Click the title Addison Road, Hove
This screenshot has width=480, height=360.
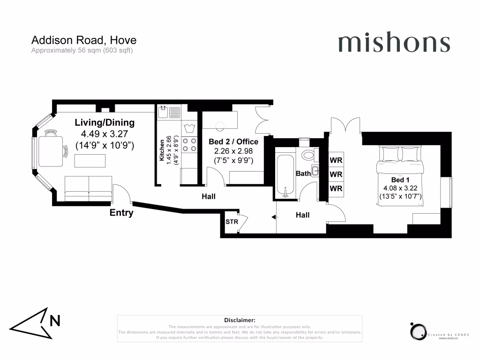click(x=84, y=40)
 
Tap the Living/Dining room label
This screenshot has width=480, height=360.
click(x=105, y=122)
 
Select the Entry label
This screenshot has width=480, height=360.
click(x=121, y=213)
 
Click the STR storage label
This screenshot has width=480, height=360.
click(x=232, y=222)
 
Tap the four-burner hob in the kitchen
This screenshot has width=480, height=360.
click(x=189, y=145)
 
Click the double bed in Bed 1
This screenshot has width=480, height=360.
click(x=400, y=176)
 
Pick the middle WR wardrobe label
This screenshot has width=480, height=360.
click(x=336, y=174)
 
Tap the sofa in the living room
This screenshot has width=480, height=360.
click(x=88, y=188)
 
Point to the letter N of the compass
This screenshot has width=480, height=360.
click(x=55, y=321)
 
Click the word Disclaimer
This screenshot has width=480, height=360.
click(x=240, y=320)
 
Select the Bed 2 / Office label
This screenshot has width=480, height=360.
click(x=233, y=142)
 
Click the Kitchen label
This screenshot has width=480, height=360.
click(x=162, y=150)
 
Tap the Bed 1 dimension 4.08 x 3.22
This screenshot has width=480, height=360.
click(x=400, y=188)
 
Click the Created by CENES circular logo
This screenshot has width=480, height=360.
click(x=418, y=331)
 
